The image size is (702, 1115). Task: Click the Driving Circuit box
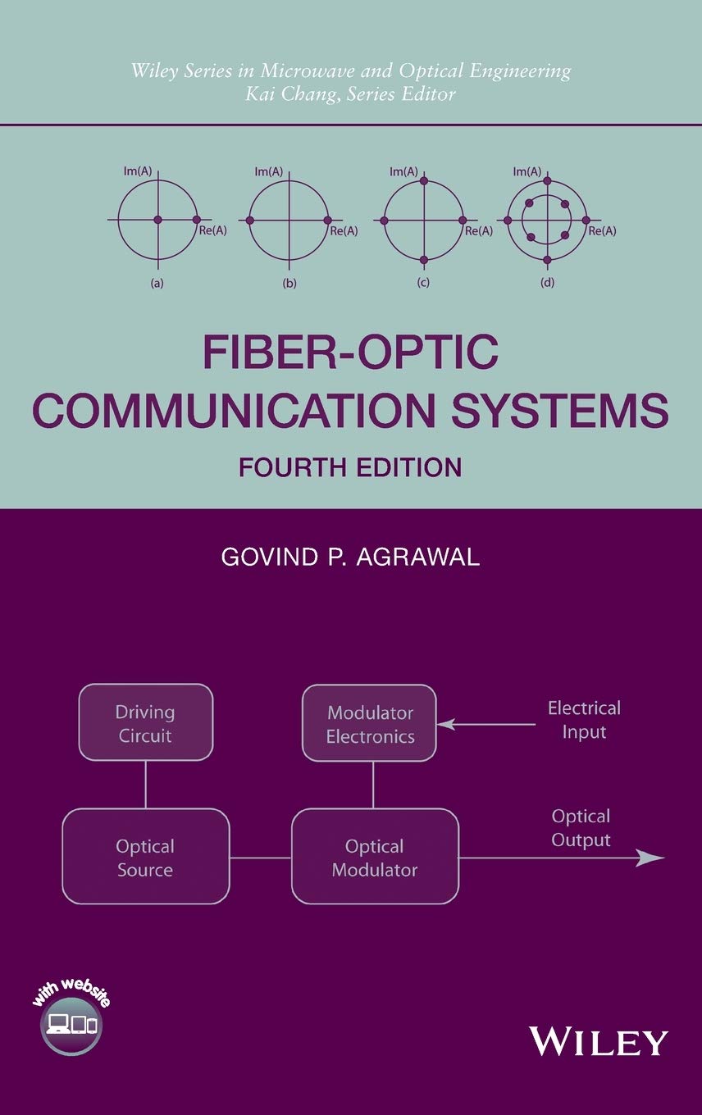[x=145, y=722]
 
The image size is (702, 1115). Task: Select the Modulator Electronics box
[x=369, y=723]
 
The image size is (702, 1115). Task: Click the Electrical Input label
[x=584, y=719]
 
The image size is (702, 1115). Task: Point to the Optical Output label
[x=581, y=828]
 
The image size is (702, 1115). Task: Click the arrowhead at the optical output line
[x=652, y=858]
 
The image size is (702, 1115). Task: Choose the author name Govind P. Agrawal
[x=350, y=557]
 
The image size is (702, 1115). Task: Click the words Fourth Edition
[x=350, y=467]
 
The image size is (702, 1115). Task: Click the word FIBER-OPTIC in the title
[x=350, y=353]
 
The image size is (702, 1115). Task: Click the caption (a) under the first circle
[x=157, y=284]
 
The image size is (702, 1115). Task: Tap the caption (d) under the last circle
[x=547, y=284]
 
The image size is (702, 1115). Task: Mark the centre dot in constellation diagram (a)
[x=157, y=220]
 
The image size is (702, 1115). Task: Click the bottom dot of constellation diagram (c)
[x=423, y=260]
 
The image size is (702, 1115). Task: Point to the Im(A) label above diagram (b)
[x=268, y=171]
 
